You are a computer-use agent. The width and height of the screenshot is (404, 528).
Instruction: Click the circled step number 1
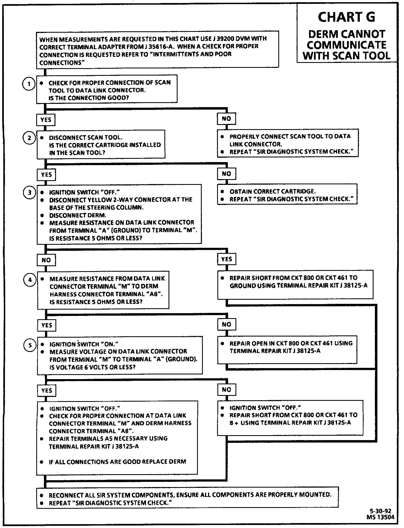[28, 84]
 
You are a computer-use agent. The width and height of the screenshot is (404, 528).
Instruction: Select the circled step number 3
[30, 193]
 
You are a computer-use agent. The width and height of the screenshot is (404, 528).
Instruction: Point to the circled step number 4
[30, 280]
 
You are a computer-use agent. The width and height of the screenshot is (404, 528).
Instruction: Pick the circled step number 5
[30, 345]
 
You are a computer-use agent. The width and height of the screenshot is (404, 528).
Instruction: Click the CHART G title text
[346, 17]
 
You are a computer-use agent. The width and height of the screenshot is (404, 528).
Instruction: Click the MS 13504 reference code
[380, 517]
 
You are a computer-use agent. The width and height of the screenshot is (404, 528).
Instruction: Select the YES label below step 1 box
[46, 120]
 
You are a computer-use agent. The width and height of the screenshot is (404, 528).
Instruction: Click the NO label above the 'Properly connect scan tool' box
[226, 119]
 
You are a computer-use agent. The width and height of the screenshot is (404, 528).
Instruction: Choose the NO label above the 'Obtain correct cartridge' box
[226, 174]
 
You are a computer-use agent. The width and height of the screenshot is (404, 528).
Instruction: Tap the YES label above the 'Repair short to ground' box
[226, 259]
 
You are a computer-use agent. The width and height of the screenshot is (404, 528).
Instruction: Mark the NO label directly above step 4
[46, 260]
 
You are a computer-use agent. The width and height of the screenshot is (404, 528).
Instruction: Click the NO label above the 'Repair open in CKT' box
[226, 324]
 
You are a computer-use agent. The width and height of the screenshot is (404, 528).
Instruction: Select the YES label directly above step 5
[47, 325]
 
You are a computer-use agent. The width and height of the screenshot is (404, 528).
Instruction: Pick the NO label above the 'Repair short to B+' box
[226, 390]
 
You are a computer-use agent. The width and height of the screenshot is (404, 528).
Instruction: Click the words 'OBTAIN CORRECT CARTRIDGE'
[273, 191]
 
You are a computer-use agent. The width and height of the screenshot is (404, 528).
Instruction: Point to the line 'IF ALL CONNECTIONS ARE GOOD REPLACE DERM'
[117, 462]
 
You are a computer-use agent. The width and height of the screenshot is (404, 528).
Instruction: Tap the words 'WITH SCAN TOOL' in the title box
[346, 56]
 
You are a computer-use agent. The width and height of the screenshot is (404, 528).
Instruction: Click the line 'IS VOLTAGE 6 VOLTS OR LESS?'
[92, 367]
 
